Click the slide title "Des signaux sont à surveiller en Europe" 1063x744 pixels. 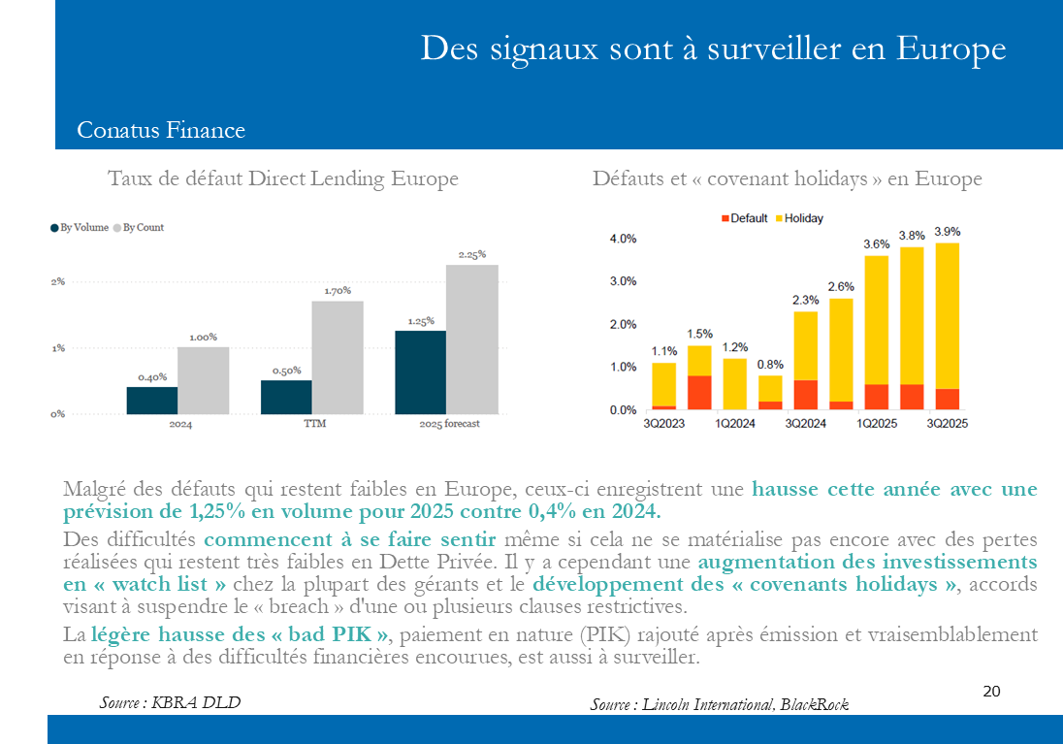coord(713,49)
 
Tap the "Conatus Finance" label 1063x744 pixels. coord(161,130)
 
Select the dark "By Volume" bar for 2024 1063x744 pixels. coord(152,401)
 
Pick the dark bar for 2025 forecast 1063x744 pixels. coord(421,372)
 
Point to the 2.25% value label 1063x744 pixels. coord(472,254)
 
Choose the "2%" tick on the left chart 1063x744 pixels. coord(58,281)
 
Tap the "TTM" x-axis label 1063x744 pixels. coord(312,424)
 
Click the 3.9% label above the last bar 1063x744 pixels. coord(947,232)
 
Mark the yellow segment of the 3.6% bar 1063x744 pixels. coord(877,320)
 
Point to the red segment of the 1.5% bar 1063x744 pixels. coord(699,392)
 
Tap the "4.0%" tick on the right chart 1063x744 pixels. coord(623,239)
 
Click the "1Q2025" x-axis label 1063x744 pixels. coord(877,423)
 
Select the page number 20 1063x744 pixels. coord(991,692)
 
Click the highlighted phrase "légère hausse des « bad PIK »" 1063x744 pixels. coord(240,635)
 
